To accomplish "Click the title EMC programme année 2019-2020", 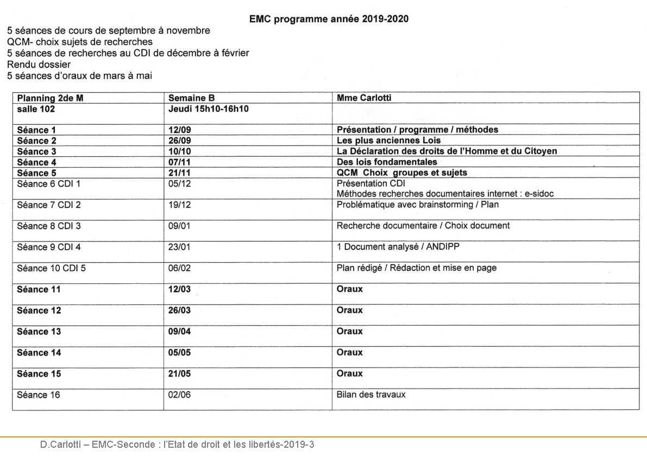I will [x=329, y=19].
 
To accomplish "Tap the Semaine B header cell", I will [x=191, y=98].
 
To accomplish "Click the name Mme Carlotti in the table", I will [x=363, y=98].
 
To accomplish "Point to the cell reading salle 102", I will [x=36, y=109].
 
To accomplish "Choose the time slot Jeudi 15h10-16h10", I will [x=208, y=109].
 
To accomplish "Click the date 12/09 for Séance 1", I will [x=179, y=130].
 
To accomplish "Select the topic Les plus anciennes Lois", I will [x=388, y=141].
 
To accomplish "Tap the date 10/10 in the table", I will [x=179, y=151].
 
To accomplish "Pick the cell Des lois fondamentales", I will [x=387, y=162].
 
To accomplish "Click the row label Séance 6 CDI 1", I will [x=48, y=183].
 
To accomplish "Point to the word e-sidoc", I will [x=539, y=193].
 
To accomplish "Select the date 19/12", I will [x=179, y=205].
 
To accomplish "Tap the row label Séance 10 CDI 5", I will [x=51, y=268].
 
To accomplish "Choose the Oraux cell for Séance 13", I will [x=349, y=331].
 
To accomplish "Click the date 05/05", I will [x=179, y=353].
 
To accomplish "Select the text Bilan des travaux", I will [x=371, y=395].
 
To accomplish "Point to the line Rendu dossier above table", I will [x=39, y=65].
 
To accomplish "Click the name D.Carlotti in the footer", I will [x=60, y=445].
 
